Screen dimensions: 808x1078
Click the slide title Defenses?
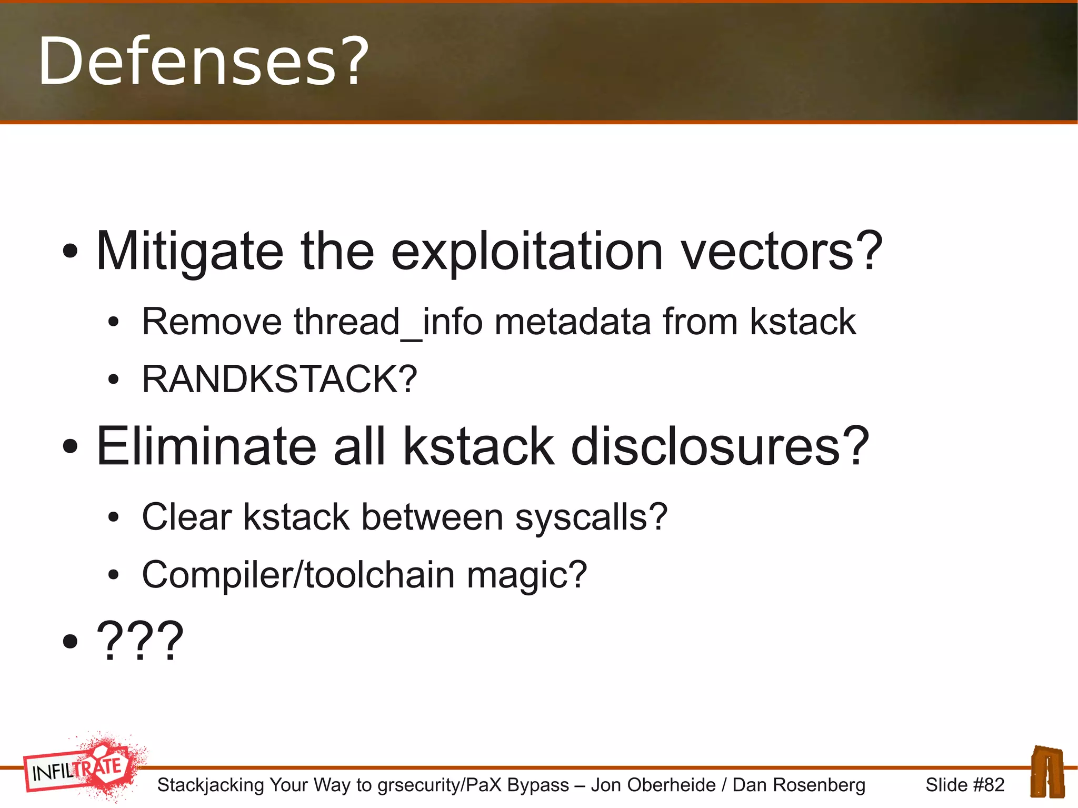coord(203,61)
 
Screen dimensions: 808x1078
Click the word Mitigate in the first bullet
coord(189,253)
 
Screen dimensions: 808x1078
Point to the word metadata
coord(573,322)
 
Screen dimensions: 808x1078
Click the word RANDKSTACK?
coord(280,379)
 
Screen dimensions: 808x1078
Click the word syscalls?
coord(591,517)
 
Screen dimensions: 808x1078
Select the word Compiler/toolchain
coord(298,574)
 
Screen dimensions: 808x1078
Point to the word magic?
coord(527,574)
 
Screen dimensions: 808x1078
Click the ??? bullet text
coord(140,641)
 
